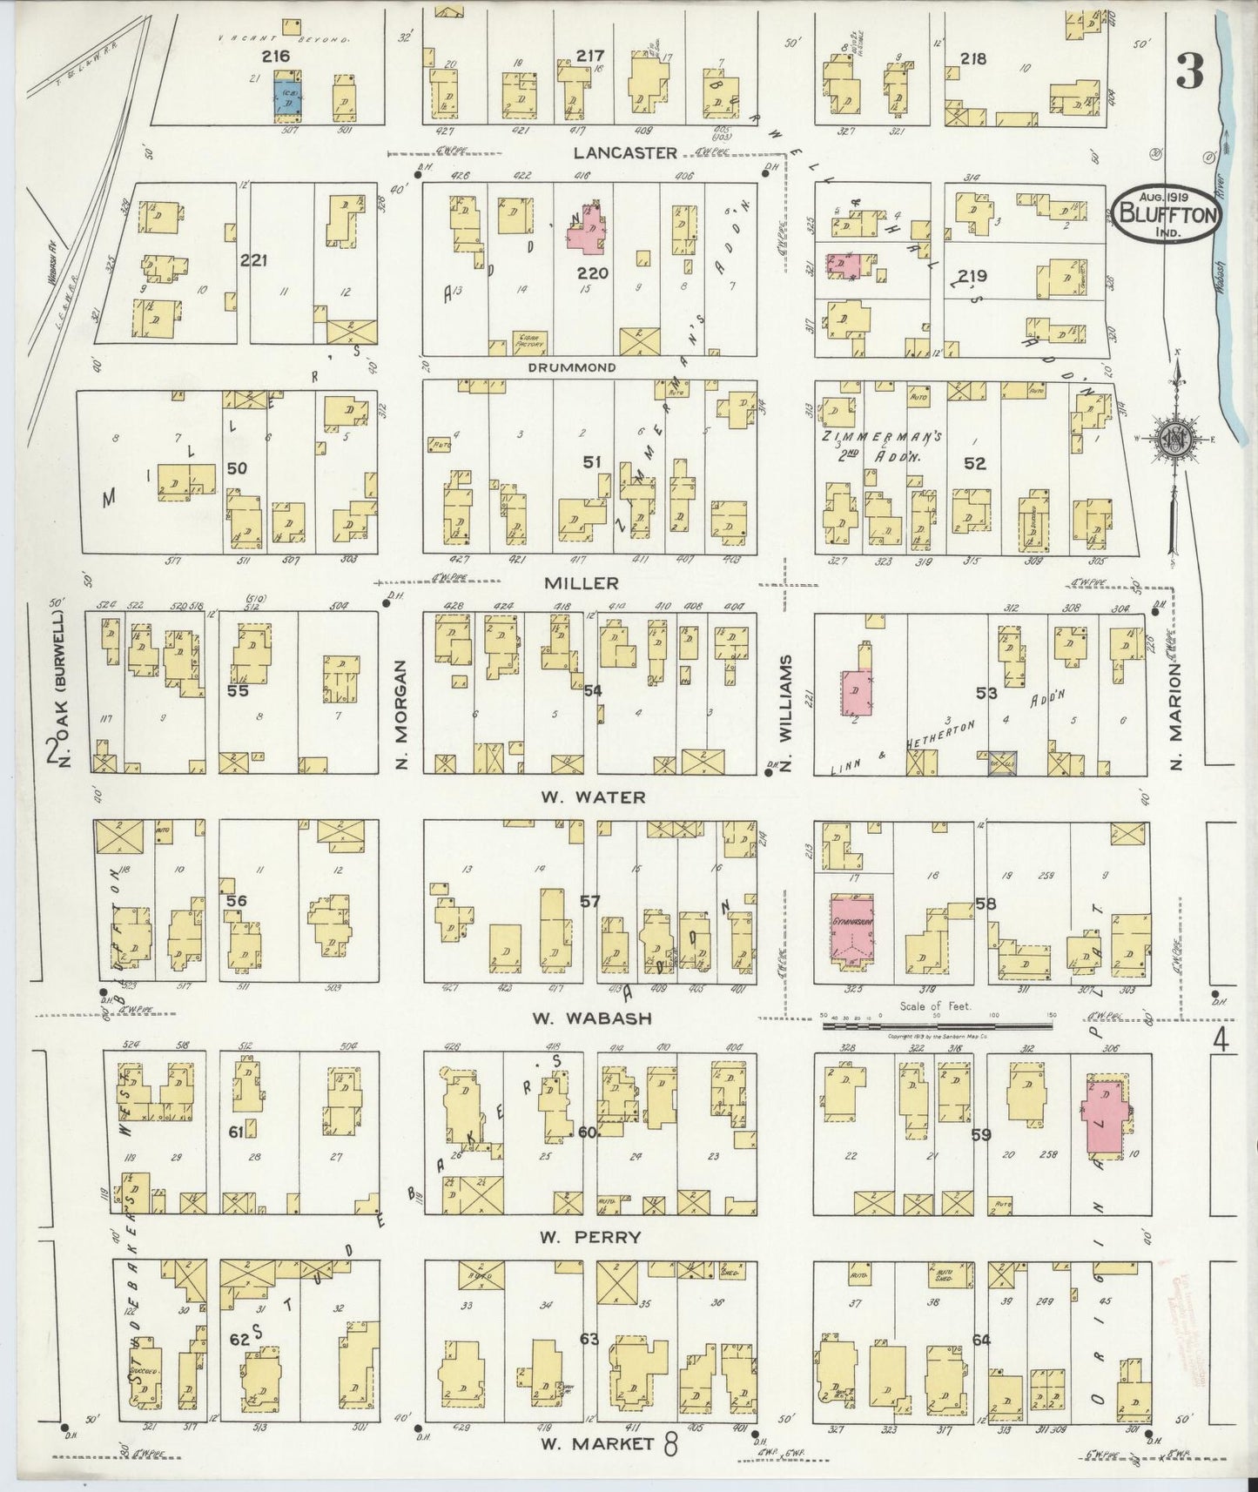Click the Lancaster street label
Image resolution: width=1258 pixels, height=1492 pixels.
point(624,152)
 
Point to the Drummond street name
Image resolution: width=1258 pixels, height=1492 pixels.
point(572,367)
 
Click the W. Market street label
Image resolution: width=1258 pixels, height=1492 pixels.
point(597,1445)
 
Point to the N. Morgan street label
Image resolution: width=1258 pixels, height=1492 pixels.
point(401,714)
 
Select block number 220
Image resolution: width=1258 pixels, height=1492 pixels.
point(592,273)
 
